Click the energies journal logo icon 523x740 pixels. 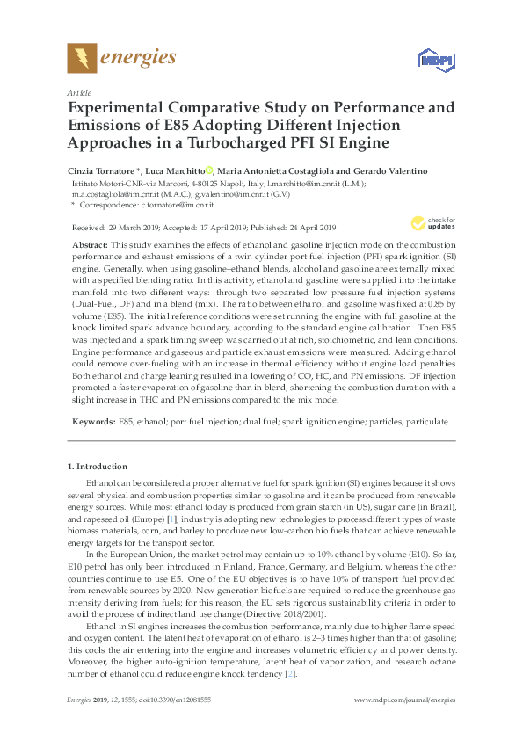(x=81, y=58)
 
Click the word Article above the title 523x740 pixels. (x=78, y=91)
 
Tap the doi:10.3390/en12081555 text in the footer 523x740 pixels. (x=176, y=724)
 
